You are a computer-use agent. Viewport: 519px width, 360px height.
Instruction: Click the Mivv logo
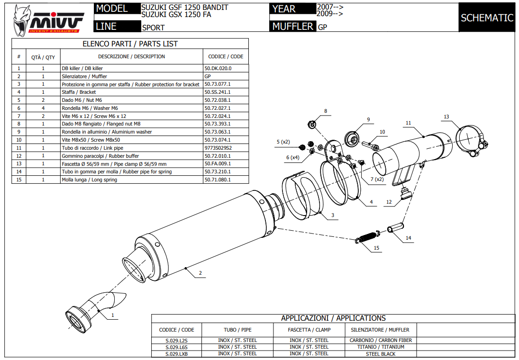pos(47,19)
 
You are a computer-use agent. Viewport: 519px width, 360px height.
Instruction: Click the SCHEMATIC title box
pos(487,18)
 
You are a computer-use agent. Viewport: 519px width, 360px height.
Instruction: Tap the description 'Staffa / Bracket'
pos(79,92)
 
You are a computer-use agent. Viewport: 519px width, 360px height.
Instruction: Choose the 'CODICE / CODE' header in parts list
pos(226,56)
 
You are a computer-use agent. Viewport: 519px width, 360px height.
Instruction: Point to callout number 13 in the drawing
pos(446,117)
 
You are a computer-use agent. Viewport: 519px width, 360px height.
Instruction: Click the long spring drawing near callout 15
pos(368,236)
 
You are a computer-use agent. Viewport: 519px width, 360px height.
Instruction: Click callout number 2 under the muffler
pos(200,273)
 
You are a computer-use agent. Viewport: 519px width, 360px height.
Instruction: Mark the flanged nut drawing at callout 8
pos(312,125)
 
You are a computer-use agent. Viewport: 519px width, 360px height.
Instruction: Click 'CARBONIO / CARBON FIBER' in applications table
pos(381,340)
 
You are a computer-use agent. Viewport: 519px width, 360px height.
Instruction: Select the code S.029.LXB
pos(177,353)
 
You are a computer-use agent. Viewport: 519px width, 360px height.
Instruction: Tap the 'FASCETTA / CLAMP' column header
pos(309,330)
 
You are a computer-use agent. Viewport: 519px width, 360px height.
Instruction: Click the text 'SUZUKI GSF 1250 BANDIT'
pos(185,8)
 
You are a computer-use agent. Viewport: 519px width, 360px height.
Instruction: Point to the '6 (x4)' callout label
pos(293,157)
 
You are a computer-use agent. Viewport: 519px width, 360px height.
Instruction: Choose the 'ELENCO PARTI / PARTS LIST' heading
pos(130,44)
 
